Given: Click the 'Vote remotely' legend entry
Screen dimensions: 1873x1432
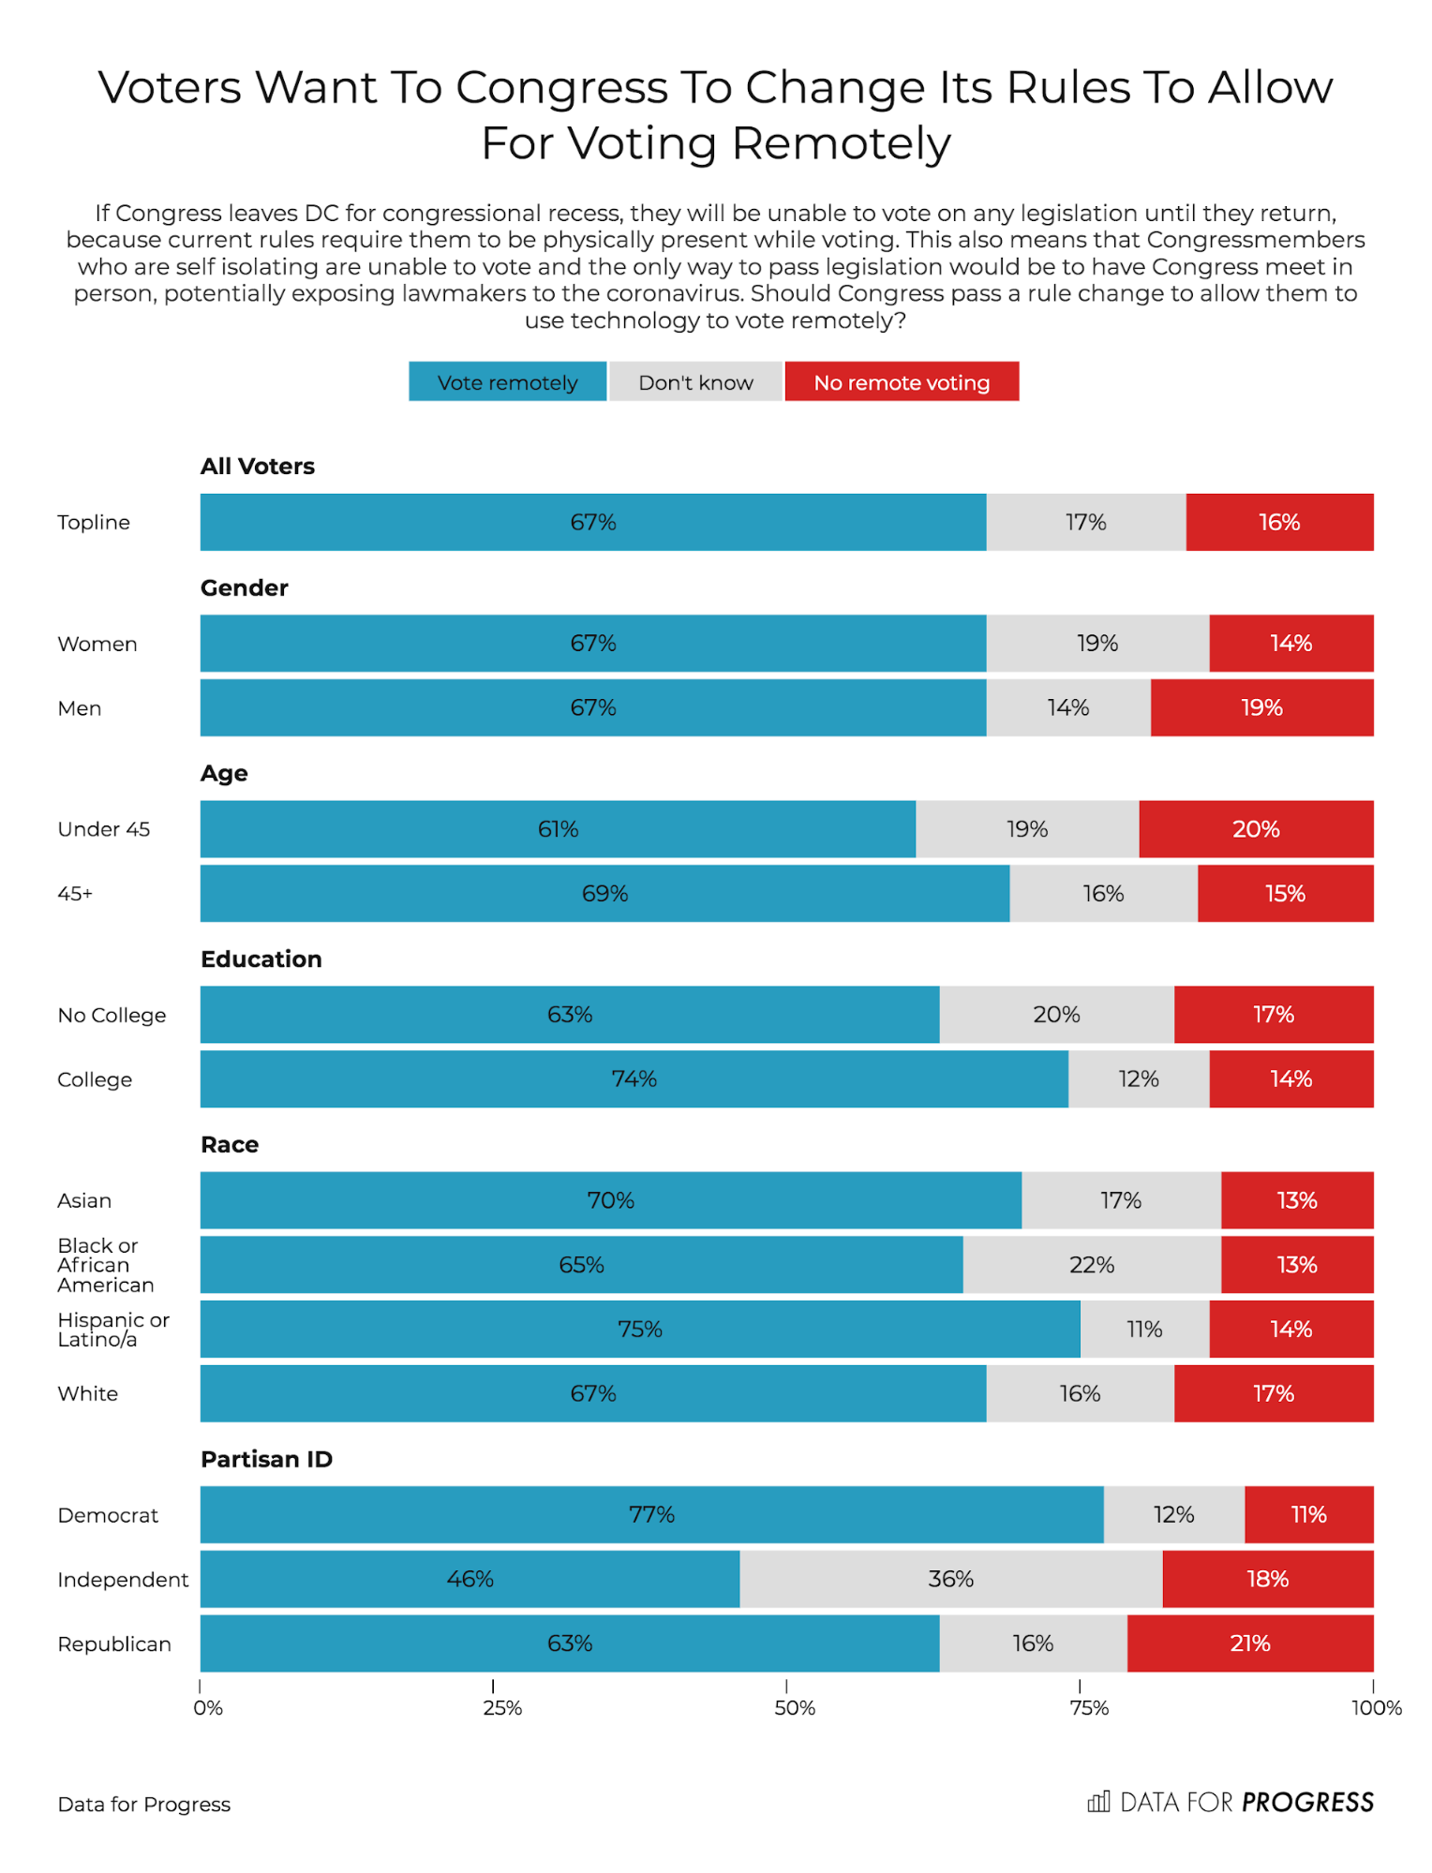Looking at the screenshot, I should pos(507,382).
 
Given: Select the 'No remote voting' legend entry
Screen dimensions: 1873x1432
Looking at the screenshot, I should pos(902,382).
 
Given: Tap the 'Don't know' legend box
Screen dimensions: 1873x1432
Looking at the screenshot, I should pos(695,382).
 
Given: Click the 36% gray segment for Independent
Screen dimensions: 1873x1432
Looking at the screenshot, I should pos(950,1579).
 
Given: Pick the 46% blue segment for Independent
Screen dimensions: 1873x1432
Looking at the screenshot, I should pos(470,1579).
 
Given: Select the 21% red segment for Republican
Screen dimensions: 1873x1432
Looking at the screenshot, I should pos(1249,1643).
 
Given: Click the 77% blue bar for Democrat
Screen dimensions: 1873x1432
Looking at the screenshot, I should pos(651,1514).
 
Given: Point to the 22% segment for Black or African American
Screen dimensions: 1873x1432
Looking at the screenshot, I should pos(1092,1265).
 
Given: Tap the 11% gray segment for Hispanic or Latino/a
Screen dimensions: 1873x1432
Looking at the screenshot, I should pos(1144,1329).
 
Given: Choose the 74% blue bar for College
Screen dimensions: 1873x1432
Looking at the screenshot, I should pos(634,1078).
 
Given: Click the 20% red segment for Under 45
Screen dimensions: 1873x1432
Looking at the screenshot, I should pos(1256,829).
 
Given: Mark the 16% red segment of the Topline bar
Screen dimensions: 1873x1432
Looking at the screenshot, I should pos(1279,522).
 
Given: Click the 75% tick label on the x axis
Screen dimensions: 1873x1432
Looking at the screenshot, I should pos(1089,1708).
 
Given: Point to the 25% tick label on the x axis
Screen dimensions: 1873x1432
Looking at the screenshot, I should pos(502,1708).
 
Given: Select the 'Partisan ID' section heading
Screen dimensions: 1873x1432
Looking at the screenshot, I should pos(266,1459).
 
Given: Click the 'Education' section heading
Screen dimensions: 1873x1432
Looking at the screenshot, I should pos(261,959).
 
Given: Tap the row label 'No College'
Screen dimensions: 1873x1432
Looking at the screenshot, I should pos(112,1015).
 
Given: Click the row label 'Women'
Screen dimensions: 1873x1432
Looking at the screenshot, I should pos(97,644).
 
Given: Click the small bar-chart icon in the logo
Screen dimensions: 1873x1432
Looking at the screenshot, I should pos(1098,1802).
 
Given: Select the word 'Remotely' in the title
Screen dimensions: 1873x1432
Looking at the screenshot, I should pos(841,143).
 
